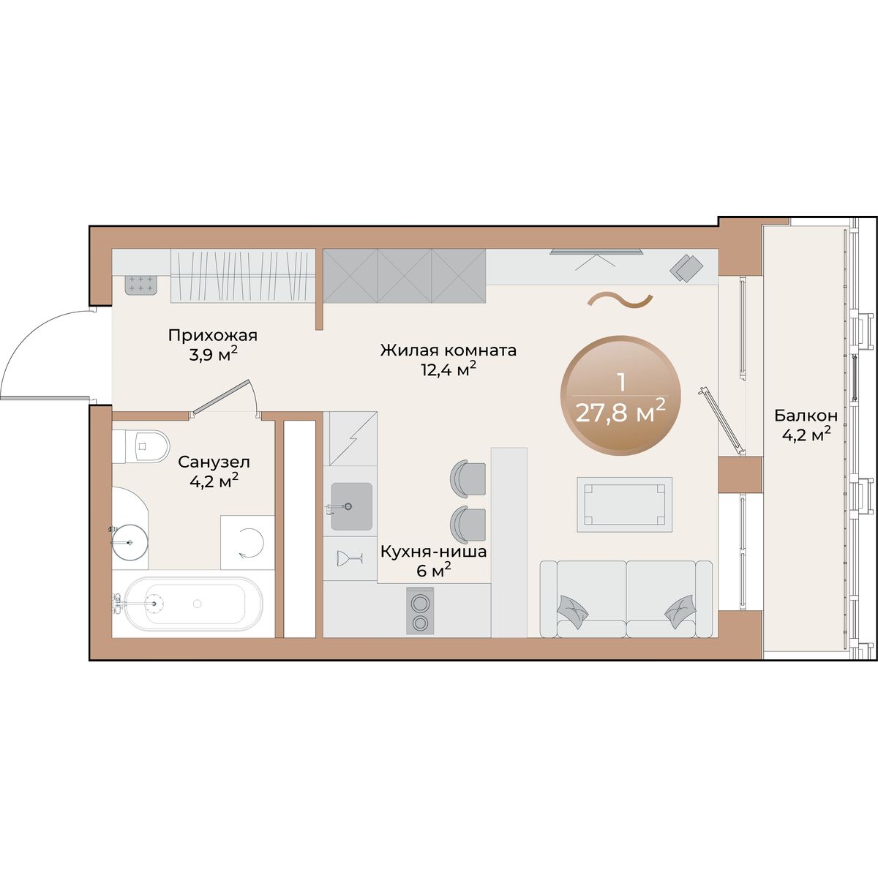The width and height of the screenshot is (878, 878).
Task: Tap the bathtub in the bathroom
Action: [x=194, y=604]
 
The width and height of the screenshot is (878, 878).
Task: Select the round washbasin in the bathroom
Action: [x=130, y=542]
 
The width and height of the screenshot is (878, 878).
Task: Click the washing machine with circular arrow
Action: [x=247, y=543]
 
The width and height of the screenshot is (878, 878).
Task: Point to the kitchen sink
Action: [x=351, y=506]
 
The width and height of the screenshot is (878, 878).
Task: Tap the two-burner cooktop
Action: [x=420, y=610]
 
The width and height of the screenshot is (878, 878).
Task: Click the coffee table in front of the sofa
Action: [x=624, y=504]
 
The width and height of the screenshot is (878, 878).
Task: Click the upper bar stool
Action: [x=468, y=479]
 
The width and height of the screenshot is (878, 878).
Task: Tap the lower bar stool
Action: [x=468, y=525]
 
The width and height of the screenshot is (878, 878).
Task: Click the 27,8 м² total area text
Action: [x=621, y=413]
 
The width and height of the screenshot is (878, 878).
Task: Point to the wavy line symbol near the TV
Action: [x=620, y=301]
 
